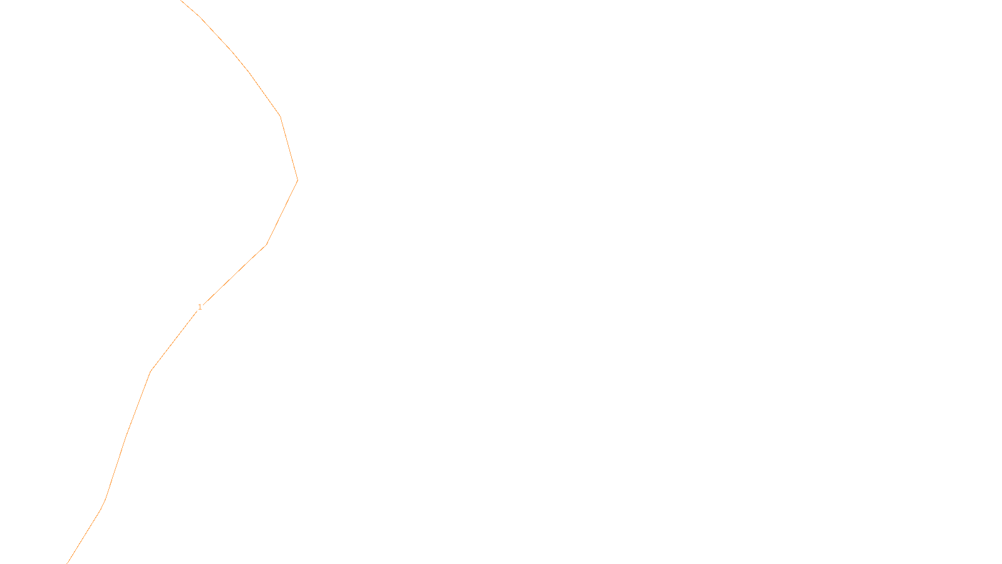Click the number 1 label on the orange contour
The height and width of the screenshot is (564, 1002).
[x=200, y=307]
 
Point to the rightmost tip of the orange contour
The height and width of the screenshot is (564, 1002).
[x=297, y=180]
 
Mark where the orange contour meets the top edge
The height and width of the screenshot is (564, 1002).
[x=181, y=1]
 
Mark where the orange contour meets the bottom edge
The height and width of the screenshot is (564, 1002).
[x=68, y=563]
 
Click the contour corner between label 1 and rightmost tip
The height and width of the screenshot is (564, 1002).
[x=266, y=244]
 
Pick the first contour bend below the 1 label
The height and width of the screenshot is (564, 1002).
[x=150, y=372]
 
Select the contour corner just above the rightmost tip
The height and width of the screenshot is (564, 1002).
[x=280, y=117]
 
